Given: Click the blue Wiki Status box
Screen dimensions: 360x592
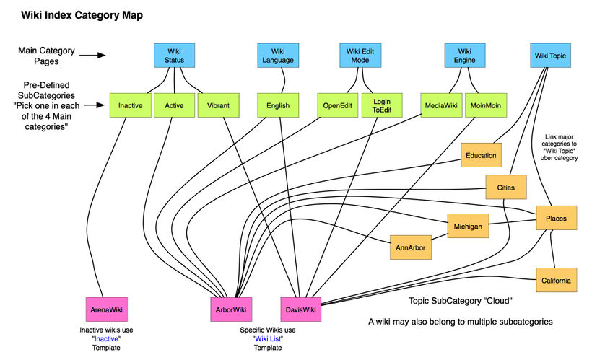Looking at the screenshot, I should point(174,56).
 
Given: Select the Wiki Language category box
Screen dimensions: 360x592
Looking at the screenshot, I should point(278,56).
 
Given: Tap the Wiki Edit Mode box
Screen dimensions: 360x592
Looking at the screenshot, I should point(360,56).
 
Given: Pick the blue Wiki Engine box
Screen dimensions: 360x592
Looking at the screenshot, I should point(463,56).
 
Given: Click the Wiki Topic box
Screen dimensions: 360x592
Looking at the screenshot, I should point(551,56).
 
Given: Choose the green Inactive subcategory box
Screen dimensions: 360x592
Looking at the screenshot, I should point(130,105).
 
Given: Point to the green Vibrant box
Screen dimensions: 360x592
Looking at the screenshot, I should point(217,105).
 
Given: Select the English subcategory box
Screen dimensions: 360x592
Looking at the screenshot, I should point(278,105).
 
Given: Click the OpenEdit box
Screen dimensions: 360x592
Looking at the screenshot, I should point(336,105).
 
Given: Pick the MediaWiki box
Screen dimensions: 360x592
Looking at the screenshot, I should point(441,105).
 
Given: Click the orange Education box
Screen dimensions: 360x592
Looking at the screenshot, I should point(481,155).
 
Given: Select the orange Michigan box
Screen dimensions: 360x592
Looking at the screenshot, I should point(468,226).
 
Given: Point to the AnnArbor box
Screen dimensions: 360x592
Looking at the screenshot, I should point(410,247).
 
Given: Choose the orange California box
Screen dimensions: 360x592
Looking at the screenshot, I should point(556,280).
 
